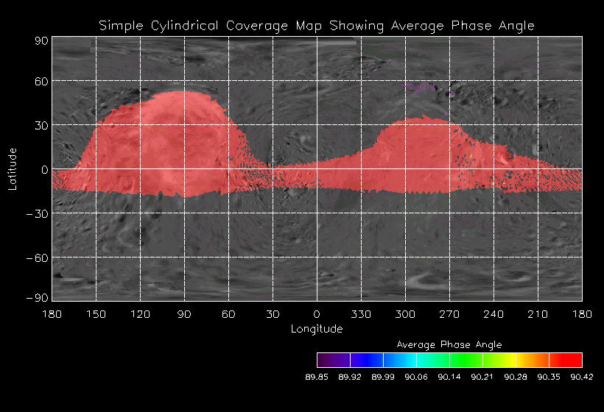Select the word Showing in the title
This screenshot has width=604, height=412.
tap(357, 26)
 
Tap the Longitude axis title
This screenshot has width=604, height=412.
tap(317, 328)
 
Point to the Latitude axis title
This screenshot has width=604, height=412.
tap(13, 168)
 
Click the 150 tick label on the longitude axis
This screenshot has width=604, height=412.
tap(96, 314)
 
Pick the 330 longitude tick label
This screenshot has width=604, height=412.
tap(361, 314)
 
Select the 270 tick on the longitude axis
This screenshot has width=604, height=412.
tap(449, 314)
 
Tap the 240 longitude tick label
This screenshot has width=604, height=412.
tap(494, 314)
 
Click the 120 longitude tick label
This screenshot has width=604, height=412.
tap(140, 314)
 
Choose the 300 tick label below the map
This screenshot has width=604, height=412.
tap(405, 314)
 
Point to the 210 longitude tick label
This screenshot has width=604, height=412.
tap(538, 314)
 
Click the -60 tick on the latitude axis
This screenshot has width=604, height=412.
tap(38, 257)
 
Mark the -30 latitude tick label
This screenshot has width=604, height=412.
tap(38, 213)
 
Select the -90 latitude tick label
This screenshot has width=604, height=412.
tap(38, 297)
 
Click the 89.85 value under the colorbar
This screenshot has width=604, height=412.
tap(317, 377)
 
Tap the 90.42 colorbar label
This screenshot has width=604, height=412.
tap(582, 377)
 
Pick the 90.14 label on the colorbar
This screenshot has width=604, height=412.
tap(449, 377)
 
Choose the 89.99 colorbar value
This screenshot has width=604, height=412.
tap(383, 377)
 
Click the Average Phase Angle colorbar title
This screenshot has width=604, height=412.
tap(449, 344)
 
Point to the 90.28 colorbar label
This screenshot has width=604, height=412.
tap(516, 377)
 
